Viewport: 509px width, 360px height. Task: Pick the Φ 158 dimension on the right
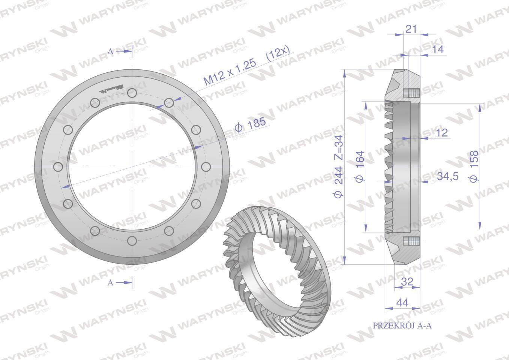474,166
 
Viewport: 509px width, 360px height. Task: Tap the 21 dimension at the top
411,29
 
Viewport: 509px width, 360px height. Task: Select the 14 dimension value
438,49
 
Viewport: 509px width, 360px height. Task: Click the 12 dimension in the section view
442,133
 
